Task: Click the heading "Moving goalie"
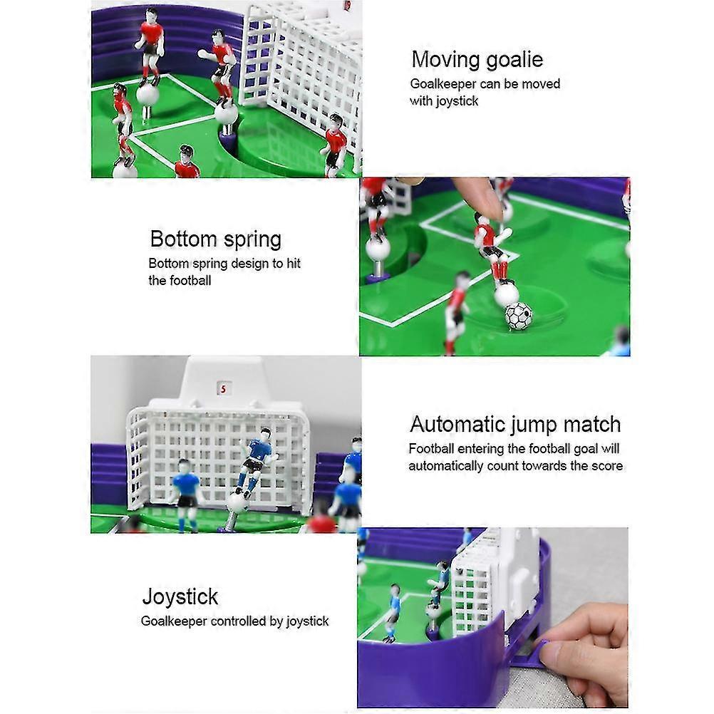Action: (477, 59)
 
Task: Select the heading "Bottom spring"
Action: (215, 239)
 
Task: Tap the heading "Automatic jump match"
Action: (514, 425)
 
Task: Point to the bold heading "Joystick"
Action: (180, 596)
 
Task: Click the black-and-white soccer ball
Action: (518, 315)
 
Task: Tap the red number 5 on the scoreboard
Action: (223, 389)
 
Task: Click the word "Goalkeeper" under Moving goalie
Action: (443, 84)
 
